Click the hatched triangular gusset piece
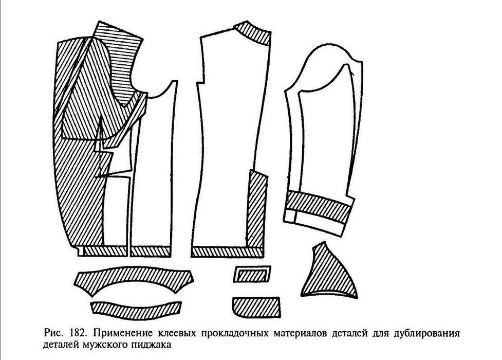[x=330, y=273]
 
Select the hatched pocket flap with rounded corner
[x=256, y=307]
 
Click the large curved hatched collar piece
[x=134, y=279]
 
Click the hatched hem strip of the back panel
[x=227, y=252]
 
